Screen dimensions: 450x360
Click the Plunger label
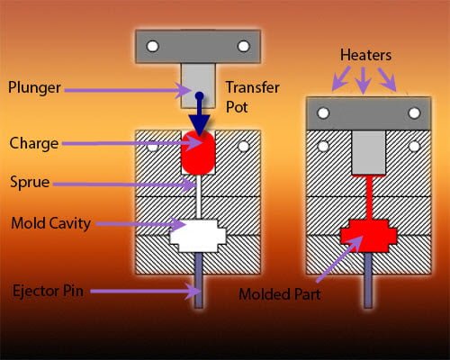click(x=34, y=87)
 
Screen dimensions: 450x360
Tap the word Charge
click(x=34, y=143)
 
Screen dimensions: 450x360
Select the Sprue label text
click(x=30, y=182)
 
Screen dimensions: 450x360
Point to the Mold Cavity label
click(x=50, y=223)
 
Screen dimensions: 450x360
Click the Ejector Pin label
click(x=48, y=291)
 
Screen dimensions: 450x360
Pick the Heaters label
click(x=365, y=55)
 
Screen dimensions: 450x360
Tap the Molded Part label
click(x=280, y=294)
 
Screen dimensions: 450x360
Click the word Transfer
click(x=253, y=87)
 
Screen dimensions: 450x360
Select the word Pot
click(x=237, y=107)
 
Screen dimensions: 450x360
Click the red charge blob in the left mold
click(x=198, y=152)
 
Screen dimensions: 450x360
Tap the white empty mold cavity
click(x=198, y=236)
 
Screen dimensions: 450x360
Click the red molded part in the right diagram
click(x=368, y=236)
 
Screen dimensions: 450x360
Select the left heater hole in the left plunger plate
click(x=152, y=46)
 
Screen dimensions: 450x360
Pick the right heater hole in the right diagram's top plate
click(x=414, y=113)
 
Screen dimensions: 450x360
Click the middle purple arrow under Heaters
click(x=364, y=80)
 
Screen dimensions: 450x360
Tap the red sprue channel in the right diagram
click(x=369, y=198)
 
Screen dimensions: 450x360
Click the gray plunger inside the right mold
click(x=368, y=152)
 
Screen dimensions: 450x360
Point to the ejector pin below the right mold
click(x=368, y=281)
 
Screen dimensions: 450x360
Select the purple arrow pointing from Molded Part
click(x=340, y=258)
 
